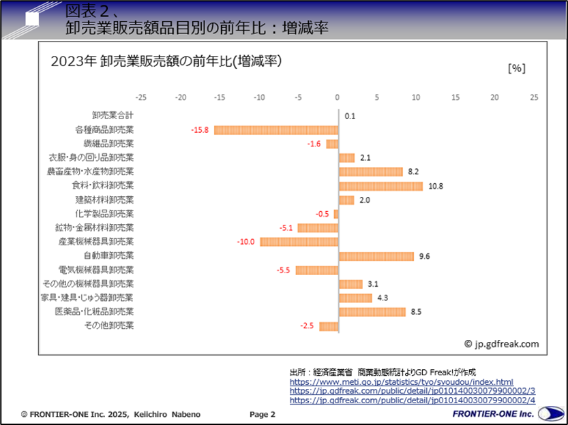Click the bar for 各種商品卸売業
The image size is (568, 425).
pos(276,130)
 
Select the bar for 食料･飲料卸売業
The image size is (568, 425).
pos(380,186)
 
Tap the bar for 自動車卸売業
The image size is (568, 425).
pos(376,256)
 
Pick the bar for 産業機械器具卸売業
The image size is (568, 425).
pos(299,242)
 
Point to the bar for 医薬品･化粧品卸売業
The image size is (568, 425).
pos(372,312)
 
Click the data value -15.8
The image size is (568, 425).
pos(200,130)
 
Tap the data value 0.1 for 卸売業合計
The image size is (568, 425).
pos(350,116)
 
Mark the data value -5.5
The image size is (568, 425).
pos(283,270)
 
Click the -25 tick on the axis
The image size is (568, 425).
pos(141,97)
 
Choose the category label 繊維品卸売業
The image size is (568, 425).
pos(108,144)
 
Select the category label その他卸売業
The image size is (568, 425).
pos(108,326)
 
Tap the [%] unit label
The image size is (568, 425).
pos(516,67)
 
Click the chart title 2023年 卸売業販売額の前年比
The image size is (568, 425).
pos(166,61)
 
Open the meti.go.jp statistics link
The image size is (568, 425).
pos(401,382)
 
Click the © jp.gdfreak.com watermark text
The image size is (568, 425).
pos(501,344)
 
